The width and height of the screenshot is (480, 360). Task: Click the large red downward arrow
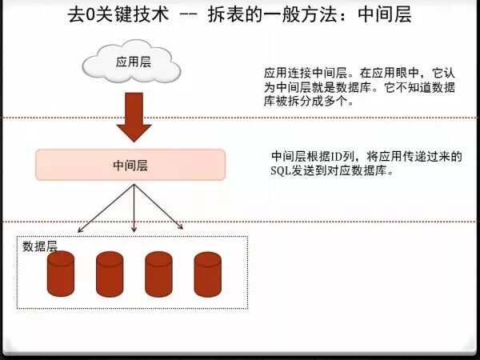click(x=134, y=116)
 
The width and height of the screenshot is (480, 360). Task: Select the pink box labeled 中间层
click(x=130, y=165)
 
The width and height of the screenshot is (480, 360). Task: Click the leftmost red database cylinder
click(x=60, y=274)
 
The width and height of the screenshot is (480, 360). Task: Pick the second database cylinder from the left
click(x=110, y=274)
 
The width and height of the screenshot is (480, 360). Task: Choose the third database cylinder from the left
click(x=158, y=274)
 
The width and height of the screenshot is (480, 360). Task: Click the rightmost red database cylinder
click(x=207, y=274)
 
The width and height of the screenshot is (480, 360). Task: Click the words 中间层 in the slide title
click(x=384, y=15)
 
